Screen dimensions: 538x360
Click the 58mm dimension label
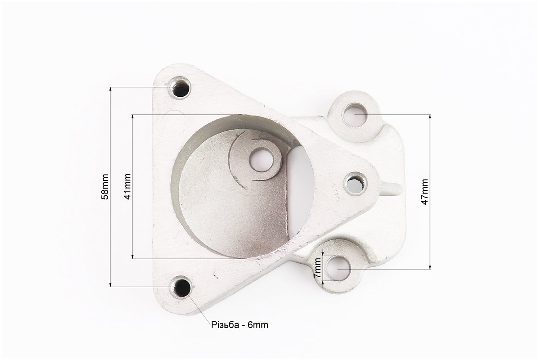tap(105, 186)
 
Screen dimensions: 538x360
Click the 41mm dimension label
tap(127, 186)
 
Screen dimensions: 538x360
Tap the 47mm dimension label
tap(425, 192)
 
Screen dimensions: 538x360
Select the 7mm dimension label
tap(318, 268)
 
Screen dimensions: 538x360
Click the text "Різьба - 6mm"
tap(240, 324)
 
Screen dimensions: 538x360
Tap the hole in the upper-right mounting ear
tap(355, 114)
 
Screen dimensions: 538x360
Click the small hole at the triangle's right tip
tap(356, 184)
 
